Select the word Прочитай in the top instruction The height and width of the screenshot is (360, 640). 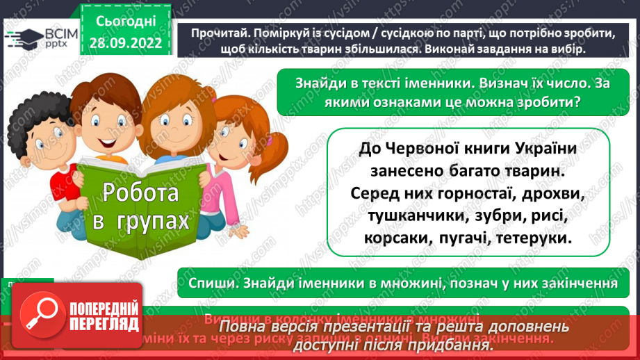(208, 33)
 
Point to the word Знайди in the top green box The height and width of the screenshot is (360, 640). (320, 83)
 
